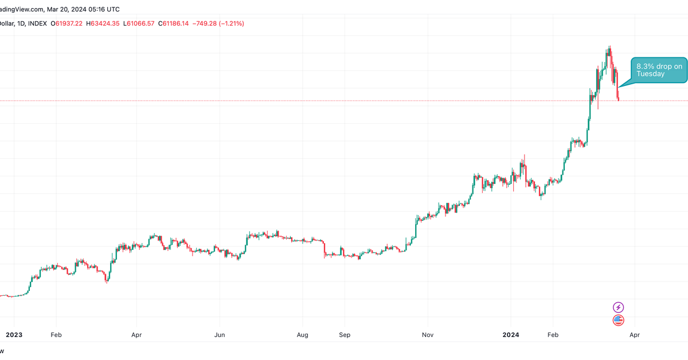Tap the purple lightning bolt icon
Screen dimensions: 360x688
tap(619, 307)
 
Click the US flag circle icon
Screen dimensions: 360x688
tap(619, 320)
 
